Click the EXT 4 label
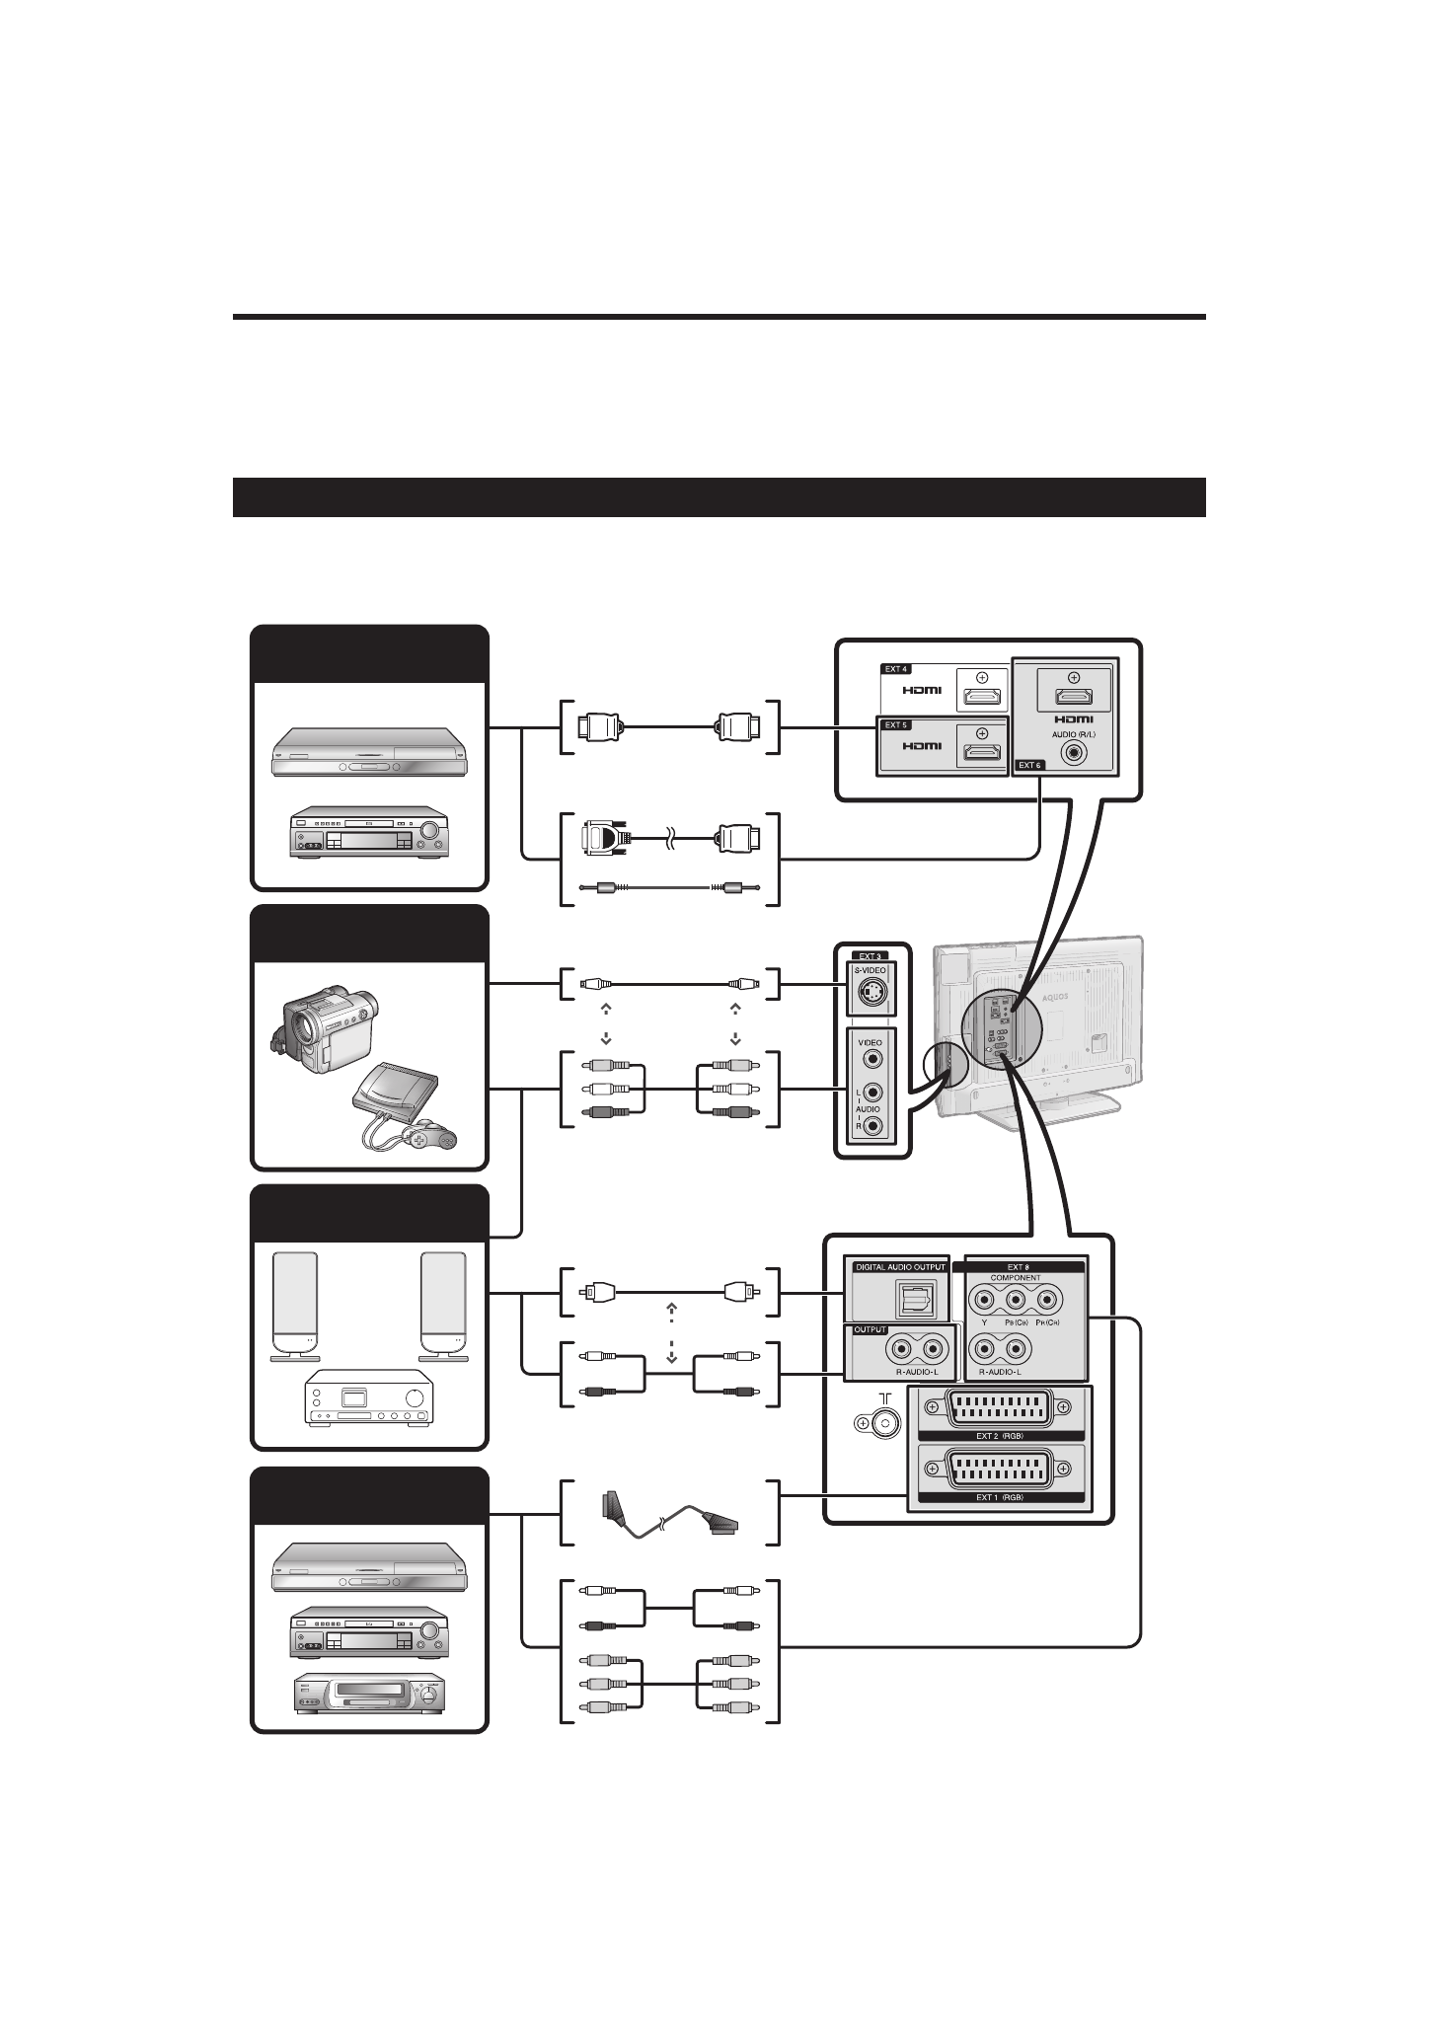click(x=895, y=668)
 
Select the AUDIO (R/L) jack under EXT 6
click(x=1073, y=752)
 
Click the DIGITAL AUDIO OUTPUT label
click(x=899, y=1266)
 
